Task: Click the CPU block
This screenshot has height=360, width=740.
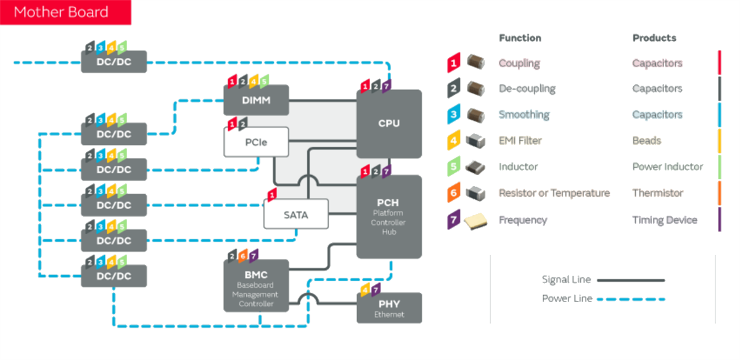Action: point(389,123)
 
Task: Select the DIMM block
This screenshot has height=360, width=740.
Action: point(256,100)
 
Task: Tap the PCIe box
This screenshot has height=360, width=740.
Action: point(256,142)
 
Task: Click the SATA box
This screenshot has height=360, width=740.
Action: point(296,215)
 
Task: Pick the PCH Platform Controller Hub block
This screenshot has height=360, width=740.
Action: point(389,216)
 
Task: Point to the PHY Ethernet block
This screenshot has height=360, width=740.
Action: point(389,308)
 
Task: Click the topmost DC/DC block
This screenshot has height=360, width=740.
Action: point(114,62)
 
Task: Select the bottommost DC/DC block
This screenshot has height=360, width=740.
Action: point(114,276)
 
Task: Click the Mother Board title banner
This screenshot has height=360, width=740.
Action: point(65,12)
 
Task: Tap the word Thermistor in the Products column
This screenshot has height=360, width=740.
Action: point(657,193)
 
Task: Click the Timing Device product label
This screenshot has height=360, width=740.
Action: point(665,220)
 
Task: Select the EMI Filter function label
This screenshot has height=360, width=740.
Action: point(520,141)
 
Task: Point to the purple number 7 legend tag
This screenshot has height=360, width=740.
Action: point(454,220)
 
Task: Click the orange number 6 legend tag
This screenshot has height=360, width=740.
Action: point(454,193)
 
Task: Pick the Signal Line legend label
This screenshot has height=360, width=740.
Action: point(566,280)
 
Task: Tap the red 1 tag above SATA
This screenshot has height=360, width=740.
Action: point(271,195)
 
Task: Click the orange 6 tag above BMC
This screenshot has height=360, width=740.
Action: point(243,255)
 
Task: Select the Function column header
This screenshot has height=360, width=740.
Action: point(520,38)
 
